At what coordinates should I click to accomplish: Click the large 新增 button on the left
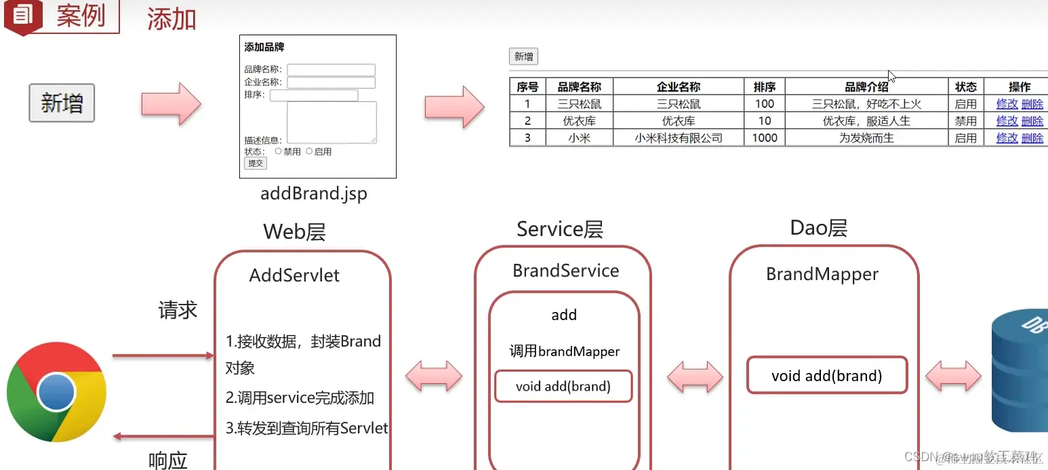point(62,103)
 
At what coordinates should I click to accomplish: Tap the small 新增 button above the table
point(523,57)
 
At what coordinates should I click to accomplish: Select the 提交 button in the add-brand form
point(256,163)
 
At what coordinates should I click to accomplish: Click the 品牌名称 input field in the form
point(331,70)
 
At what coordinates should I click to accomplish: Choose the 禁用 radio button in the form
point(279,151)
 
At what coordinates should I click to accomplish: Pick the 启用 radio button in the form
point(309,151)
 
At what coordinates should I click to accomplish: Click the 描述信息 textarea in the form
point(331,122)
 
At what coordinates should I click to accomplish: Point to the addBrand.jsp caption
point(314,194)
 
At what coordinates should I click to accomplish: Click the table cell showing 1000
point(765,138)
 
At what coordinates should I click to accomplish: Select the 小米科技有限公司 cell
point(679,138)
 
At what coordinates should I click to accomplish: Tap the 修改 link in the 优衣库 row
point(1007,121)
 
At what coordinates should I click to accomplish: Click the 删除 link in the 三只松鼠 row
point(1032,104)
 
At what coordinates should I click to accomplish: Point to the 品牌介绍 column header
point(866,87)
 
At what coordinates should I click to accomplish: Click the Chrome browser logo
point(56,392)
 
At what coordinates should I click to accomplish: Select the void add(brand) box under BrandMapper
point(827,376)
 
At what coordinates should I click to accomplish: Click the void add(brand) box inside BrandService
point(563,387)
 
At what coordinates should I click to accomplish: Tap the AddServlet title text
point(294,275)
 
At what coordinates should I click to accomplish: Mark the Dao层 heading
point(818,229)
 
